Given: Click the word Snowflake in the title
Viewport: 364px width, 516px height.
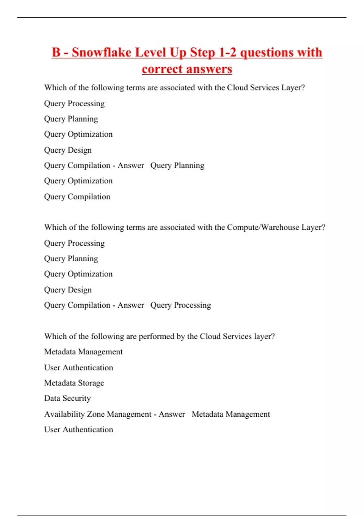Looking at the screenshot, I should point(101,52).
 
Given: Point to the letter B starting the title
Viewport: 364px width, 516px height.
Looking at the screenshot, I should point(56,52).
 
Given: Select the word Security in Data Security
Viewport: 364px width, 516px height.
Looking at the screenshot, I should point(76,398).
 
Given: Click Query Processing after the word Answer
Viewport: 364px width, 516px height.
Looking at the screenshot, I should point(180,305).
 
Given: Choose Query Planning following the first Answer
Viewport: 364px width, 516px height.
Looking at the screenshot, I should point(177,165).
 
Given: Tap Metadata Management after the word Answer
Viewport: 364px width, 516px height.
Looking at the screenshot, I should point(231,414).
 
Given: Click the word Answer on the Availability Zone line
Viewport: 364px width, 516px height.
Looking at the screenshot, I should point(172,414).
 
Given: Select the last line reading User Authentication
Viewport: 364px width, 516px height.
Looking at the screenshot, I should point(79,429).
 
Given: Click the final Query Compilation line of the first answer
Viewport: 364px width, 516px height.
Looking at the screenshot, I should point(77,197).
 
